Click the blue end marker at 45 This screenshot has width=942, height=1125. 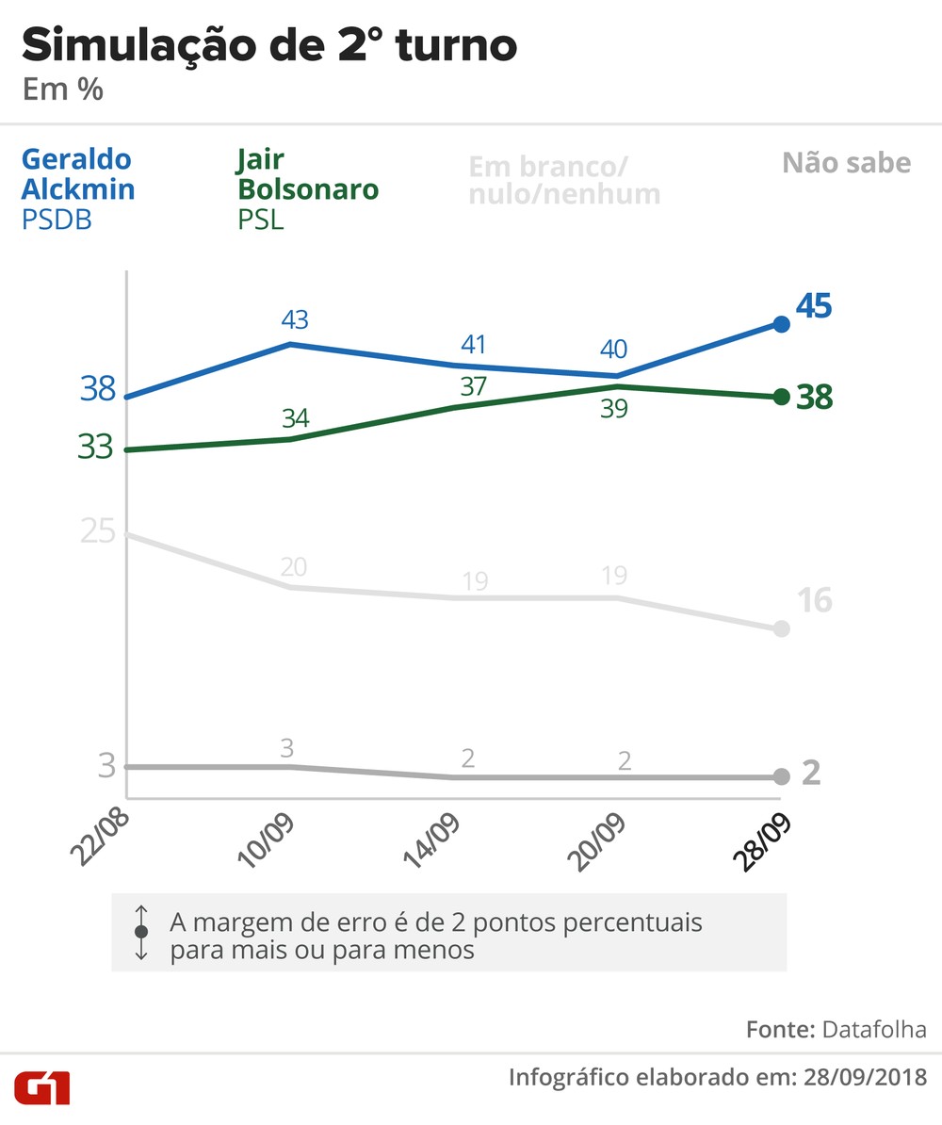point(781,324)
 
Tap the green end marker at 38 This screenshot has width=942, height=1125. point(781,397)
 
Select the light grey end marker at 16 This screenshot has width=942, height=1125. point(781,628)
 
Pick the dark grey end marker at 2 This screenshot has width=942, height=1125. point(781,776)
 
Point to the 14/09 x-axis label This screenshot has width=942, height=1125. point(431,840)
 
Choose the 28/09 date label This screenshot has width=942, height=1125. point(761,840)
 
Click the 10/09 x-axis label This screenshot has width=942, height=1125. point(267,840)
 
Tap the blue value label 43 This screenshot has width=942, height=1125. point(295,319)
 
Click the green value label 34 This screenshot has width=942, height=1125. point(295,418)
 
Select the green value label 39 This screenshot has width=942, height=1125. point(614,409)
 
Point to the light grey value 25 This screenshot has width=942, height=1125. point(97,532)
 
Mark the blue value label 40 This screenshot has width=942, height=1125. point(614,350)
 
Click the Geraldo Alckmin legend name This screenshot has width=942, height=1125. point(78,174)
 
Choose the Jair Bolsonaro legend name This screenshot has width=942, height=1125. point(307,174)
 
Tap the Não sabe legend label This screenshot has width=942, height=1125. point(846,163)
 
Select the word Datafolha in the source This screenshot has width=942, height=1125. point(873,1029)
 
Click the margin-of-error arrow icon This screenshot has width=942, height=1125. point(141,932)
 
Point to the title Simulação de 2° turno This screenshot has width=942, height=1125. point(268,45)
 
